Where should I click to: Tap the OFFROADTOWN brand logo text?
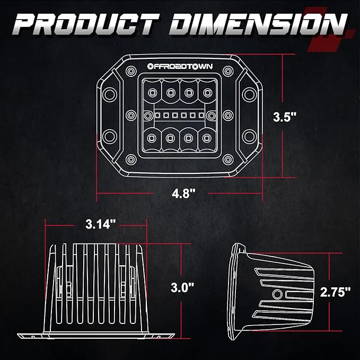(180, 66)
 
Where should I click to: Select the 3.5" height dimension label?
(285, 117)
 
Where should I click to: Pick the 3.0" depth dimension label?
(182, 287)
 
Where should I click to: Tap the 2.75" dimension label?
(336, 292)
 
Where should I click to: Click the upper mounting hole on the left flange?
(110, 94)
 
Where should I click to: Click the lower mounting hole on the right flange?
(249, 136)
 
